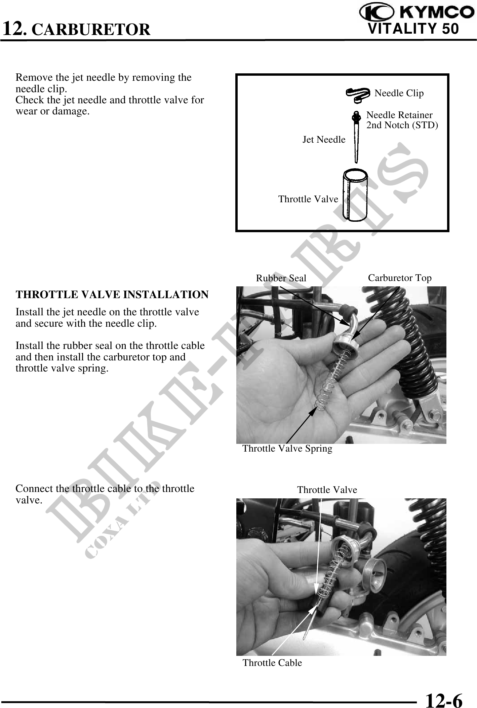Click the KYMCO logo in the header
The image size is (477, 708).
[415, 13]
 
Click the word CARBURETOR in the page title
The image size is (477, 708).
[93, 29]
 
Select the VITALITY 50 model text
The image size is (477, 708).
[413, 29]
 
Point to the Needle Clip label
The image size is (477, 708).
[399, 93]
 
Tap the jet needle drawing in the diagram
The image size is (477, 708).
[356, 137]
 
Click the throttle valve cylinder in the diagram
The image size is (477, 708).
[355, 195]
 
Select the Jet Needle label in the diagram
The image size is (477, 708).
[324, 139]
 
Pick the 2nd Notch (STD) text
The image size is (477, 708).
[402, 125]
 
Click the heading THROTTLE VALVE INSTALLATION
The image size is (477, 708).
[112, 294]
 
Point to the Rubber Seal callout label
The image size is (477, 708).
[281, 278]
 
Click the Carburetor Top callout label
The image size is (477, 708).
[400, 278]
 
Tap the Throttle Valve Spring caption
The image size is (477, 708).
[287, 449]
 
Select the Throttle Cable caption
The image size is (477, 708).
[272, 663]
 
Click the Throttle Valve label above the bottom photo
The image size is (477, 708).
[327, 490]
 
